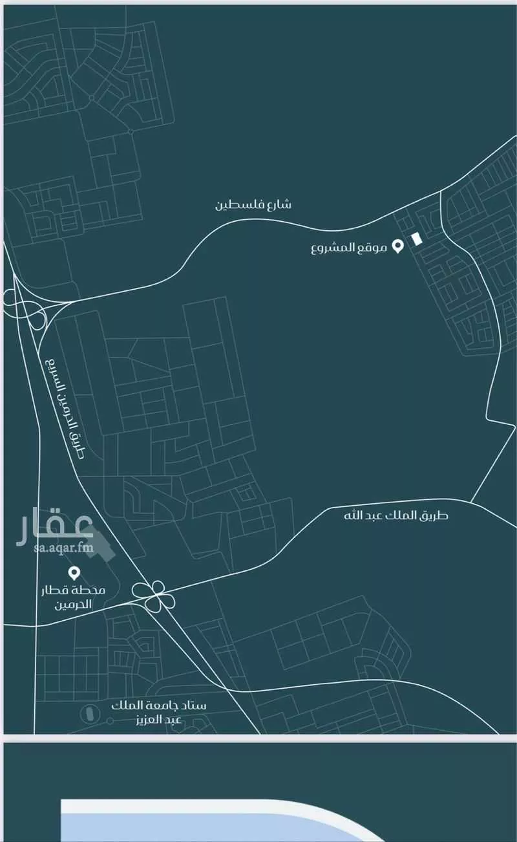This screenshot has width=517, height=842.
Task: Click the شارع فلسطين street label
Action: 253,205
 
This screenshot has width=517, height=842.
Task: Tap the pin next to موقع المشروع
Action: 399,246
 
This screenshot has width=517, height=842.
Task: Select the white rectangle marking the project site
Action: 417,239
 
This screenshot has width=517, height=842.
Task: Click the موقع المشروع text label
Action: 348,247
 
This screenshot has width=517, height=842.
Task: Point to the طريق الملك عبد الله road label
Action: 396,515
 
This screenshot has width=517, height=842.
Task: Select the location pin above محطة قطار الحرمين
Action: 74,572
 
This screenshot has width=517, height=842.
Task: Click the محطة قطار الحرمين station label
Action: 73,598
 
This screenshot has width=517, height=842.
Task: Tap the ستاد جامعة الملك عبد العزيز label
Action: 158,711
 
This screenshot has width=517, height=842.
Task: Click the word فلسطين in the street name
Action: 237,205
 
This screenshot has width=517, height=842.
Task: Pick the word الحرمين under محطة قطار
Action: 72,605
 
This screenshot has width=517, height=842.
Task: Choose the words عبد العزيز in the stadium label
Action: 158,719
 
